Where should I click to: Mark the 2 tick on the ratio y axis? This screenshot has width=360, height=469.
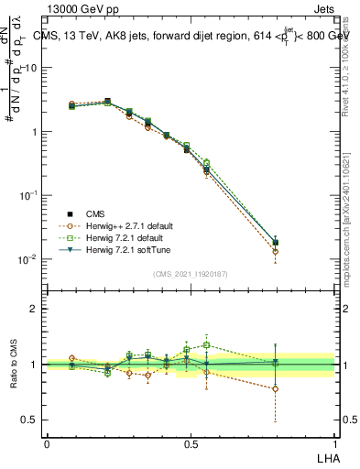36,309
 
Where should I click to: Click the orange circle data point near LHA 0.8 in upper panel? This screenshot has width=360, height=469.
276,251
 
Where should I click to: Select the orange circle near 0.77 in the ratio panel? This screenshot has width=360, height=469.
276,388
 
